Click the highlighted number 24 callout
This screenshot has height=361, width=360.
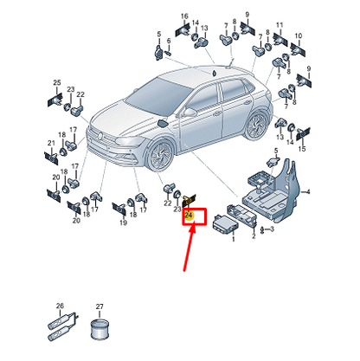click(x=189, y=216)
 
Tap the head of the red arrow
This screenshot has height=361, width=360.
click(x=193, y=227)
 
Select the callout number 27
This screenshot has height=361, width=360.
click(x=100, y=306)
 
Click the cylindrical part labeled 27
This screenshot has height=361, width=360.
click(x=100, y=329)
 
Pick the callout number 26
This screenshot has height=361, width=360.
click(x=60, y=306)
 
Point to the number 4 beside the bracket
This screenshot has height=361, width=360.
click(x=308, y=191)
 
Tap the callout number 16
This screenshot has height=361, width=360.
click(x=184, y=16)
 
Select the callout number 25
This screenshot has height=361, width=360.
click(x=57, y=82)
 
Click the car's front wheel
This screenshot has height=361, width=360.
click(x=160, y=156)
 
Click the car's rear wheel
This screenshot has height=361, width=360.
click(x=256, y=125)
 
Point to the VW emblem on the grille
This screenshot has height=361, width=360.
click(x=100, y=135)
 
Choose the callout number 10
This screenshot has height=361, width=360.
click(x=299, y=36)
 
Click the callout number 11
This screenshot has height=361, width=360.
click(x=280, y=25)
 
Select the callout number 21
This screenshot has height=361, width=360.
click(x=51, y=143)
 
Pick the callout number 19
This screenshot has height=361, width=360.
click(x=123, y=222)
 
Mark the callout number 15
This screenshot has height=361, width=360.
click(x=302, y=149)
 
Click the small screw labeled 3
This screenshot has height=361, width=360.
click(x=262, y=230)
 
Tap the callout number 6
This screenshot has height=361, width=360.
click(x=169, y=42)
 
